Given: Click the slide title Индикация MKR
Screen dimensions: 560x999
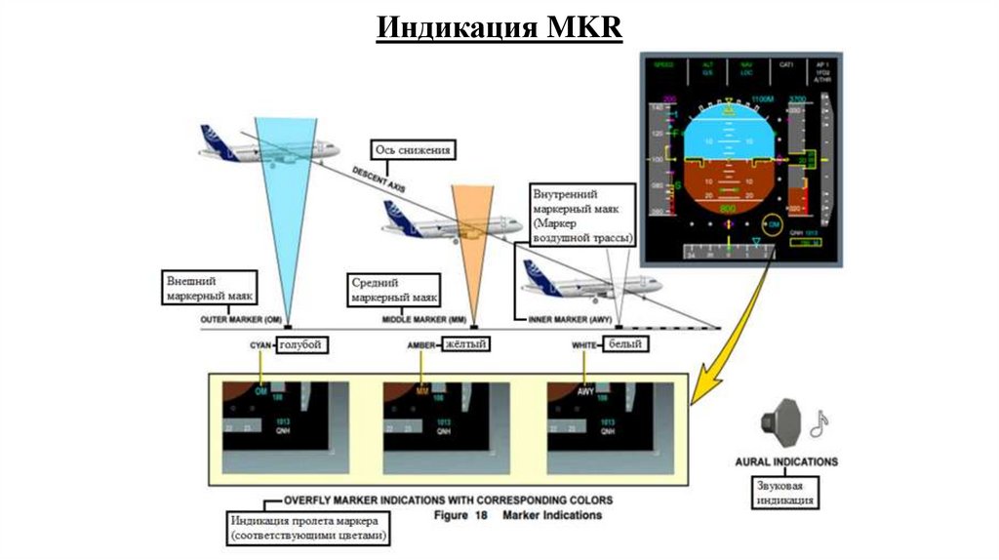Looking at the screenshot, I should coord(499,26).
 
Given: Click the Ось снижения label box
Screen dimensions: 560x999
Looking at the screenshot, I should coord(412,150).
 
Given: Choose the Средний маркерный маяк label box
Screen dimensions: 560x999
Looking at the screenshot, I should coord(394,289).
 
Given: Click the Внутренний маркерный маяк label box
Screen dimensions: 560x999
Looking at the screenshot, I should coord(581,218).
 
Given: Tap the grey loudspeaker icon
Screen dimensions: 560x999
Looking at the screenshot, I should coord(780,422).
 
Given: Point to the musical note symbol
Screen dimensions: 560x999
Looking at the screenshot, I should coord(819,422).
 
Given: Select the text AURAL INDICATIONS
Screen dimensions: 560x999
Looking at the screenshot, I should coord(786,462).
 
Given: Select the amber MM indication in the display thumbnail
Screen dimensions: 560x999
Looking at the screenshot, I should coord(422,391).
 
